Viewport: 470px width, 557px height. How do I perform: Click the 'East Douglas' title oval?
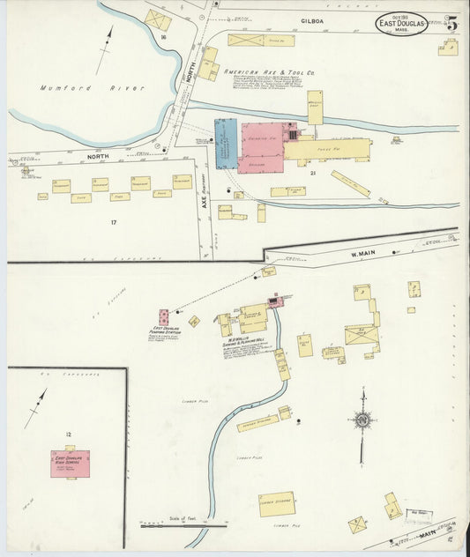coord(402,24)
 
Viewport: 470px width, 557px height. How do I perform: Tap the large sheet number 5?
coord(451,23)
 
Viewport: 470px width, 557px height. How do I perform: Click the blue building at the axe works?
coord(226,143)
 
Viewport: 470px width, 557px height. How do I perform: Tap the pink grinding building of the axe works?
coord(261,147)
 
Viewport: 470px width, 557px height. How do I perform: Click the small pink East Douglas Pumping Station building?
coord(163,316)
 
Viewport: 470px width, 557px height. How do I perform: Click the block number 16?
coord(163,38)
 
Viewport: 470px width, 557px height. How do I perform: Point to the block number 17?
coord(113,222)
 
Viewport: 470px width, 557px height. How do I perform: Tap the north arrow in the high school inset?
coord(35,407)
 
